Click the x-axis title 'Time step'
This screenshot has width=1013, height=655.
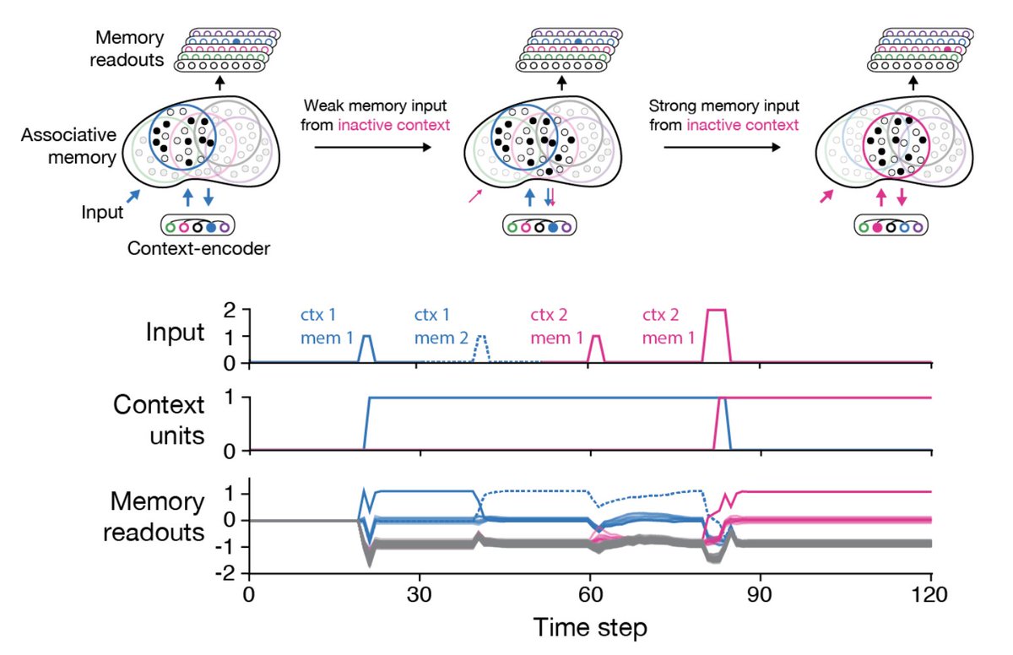(589, 628)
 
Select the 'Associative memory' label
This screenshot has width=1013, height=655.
(63, 145)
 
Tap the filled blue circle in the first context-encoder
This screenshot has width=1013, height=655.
(211, 226)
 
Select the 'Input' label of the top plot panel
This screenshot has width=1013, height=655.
(176, 332)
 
